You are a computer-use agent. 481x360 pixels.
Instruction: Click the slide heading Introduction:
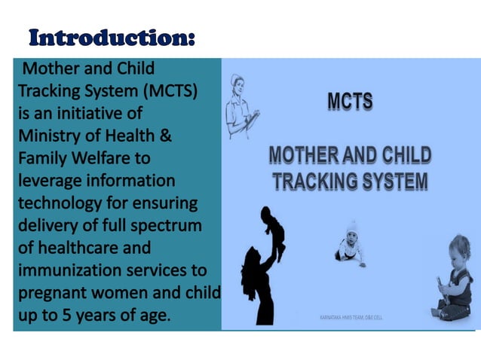(112, 37)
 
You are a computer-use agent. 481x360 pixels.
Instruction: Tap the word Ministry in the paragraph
(49, 136)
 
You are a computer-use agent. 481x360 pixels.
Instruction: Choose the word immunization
(67, 270)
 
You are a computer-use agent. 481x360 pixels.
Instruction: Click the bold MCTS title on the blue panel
(350, 101)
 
